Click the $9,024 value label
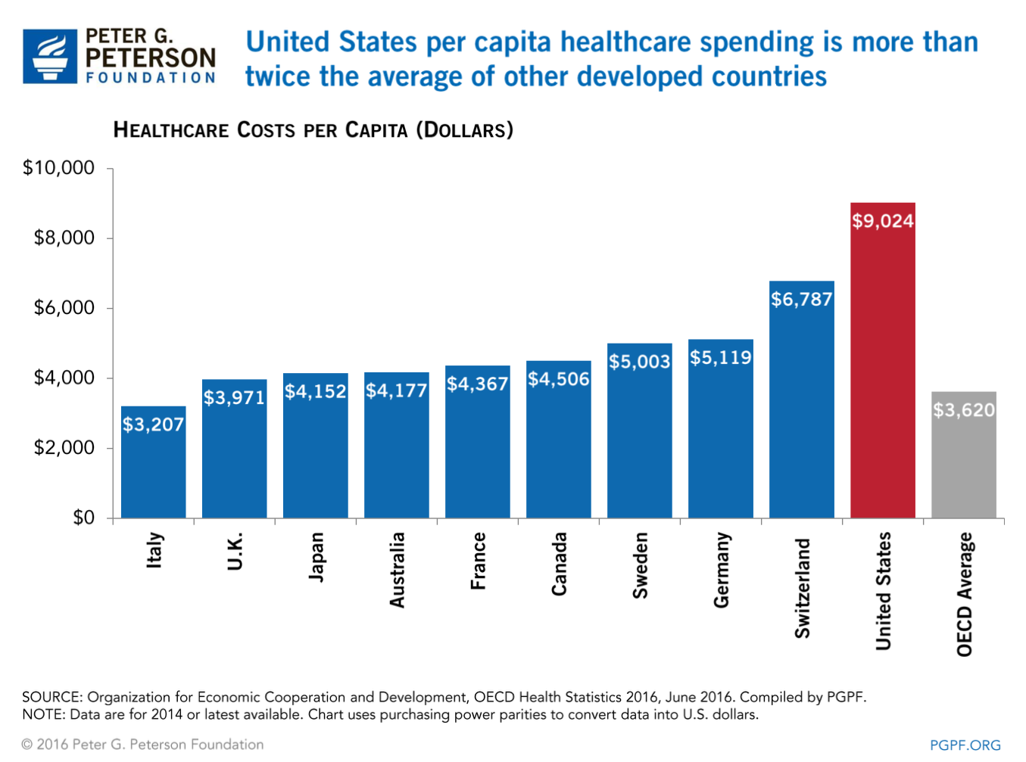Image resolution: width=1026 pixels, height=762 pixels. pos(882,221)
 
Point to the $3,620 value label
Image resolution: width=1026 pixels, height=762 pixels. pos(963,410)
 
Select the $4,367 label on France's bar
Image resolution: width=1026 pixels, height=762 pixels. pos(477,384)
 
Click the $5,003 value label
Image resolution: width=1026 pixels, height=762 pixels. pos(639,362)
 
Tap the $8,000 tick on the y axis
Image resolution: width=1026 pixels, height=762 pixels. pos(64,238)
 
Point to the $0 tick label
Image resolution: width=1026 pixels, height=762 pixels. pos(83,518)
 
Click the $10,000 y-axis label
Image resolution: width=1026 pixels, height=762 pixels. pos(59,167)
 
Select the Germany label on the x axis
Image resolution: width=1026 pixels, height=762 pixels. pos(721,570)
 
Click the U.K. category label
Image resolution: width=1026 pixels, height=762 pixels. pos(235,551)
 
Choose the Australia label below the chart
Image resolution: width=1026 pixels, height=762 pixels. pos(397,570)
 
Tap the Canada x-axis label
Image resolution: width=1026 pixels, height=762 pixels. pos(559,564)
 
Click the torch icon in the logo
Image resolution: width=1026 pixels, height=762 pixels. pos(50,56)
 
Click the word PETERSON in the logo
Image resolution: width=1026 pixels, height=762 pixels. pos(151,58)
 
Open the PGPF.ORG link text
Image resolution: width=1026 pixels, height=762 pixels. pos(965,745)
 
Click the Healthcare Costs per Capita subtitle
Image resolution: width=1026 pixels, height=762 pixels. pos(313,130)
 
